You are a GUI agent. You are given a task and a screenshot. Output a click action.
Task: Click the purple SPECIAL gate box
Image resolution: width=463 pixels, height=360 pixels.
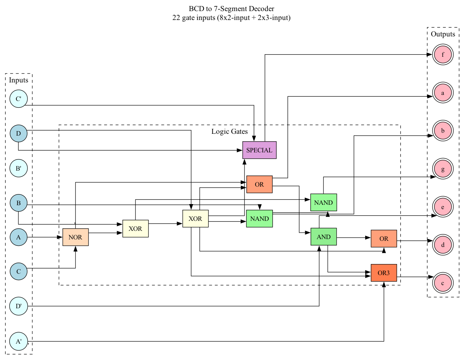[x=259, y=150]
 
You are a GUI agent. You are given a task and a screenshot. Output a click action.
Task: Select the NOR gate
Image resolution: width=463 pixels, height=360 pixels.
[x=75, y=237]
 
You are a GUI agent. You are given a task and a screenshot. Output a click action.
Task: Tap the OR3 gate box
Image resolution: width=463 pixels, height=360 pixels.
[x=384, y=273]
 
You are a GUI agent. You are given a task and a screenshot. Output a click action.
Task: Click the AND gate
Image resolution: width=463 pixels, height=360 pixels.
[x=323, y=237]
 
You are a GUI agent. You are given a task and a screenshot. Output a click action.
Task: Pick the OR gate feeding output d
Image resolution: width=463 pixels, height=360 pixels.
[x=384, y=239]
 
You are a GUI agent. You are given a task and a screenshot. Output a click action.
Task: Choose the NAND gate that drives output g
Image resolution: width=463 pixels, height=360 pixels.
[x=323, y=203]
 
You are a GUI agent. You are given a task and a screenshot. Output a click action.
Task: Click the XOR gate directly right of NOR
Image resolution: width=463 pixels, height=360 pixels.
[x=135, y=229]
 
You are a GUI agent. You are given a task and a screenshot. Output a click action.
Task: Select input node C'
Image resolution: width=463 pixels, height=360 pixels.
[x=19, y=99]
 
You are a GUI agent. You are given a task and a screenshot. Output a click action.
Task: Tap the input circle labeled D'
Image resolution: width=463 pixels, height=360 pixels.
[x=19, y=306]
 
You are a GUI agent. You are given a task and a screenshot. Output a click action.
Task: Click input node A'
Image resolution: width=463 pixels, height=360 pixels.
[x=19, y=341]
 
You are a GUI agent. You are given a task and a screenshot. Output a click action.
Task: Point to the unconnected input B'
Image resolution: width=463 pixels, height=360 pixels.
[x=19, y=168]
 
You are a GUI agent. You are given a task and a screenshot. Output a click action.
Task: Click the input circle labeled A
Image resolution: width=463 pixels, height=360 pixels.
[x=19, y=237]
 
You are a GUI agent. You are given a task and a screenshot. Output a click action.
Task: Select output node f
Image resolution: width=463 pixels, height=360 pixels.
[x=443, y=55]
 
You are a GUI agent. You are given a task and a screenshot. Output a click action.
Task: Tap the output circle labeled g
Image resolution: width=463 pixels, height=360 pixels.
[x=443, y=169]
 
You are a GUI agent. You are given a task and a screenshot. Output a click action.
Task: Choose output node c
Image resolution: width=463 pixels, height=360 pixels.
[x=443, y=283]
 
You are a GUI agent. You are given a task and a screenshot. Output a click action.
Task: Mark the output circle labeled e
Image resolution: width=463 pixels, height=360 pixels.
[x=443, y=207]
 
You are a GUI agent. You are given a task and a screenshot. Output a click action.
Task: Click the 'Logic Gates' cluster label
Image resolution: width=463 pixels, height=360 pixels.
[x=230, y=132]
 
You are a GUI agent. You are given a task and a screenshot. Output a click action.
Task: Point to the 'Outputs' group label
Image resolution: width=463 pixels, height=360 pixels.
[x=443, y=34]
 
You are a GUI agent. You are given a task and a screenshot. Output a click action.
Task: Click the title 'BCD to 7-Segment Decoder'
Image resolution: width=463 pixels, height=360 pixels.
[x=231, y=9]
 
